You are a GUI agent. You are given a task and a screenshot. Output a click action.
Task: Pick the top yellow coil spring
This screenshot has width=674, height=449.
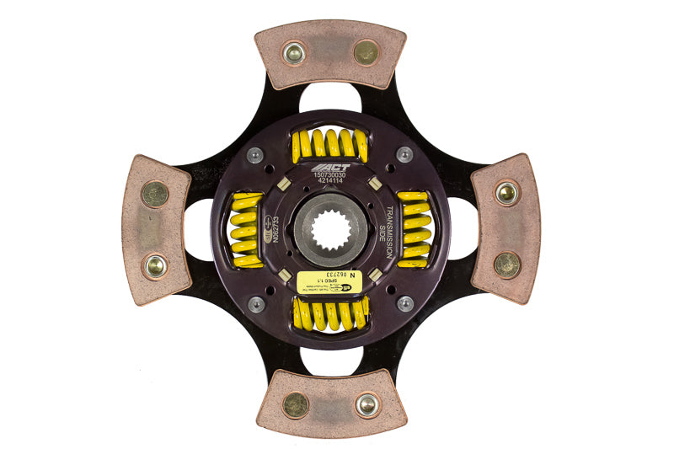tap(329, 145)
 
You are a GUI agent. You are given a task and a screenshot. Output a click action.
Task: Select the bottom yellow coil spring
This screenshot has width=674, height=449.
tap(329, 313)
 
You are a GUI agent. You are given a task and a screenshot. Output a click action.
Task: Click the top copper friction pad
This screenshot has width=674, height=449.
tap(330, 54)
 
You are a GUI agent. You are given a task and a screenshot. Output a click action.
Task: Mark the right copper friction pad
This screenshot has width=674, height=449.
tap(505, 228)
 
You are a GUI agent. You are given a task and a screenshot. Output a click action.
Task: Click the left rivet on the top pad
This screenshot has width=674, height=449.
tap(294, 53)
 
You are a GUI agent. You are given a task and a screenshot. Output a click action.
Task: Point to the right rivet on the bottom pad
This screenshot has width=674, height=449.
tap(366, 404)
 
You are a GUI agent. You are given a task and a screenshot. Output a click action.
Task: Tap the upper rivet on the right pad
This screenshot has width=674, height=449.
tap(505, 193)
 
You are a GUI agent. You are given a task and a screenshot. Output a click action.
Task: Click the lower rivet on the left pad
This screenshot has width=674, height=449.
tap(155, 265)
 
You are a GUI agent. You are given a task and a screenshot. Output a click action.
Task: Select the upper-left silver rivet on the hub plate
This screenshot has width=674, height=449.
tap(255, 154)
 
